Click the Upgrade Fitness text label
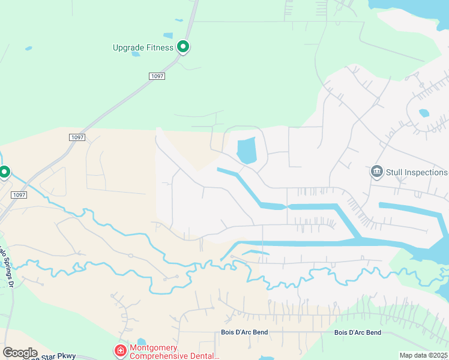click(x=143, y=47)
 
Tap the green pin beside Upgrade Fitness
click(x=183, y=46)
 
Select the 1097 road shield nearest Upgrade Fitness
click(x=157, y=76)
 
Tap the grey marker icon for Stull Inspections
click(x=377, y=172)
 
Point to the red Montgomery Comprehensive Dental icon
click(x=120, y=350)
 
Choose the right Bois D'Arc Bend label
click(x=358, y=332)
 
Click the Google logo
click(x=20, y=352)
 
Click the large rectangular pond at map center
click(x=246, y=150)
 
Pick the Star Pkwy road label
click(x=58, y=356)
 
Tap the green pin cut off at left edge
click(x=4, y=172)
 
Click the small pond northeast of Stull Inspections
click(x=424, y=113)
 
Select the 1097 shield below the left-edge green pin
click(x=19, y=195)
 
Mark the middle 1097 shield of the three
click(x=77, y=137)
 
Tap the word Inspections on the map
click(x=426, y=172)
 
